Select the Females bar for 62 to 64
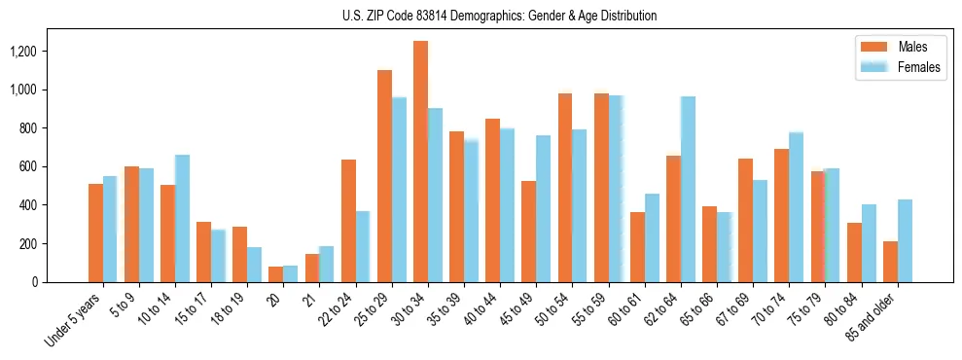pyautogui.click(x=688, y=190)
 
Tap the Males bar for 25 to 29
pyautogui.click(x=384, y=176)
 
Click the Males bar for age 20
pyautogui.click(x=276, y=274)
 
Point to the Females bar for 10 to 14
pyautogui.click(x=182, y=219)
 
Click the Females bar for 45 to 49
pyautogui.click(x=543, y=209)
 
